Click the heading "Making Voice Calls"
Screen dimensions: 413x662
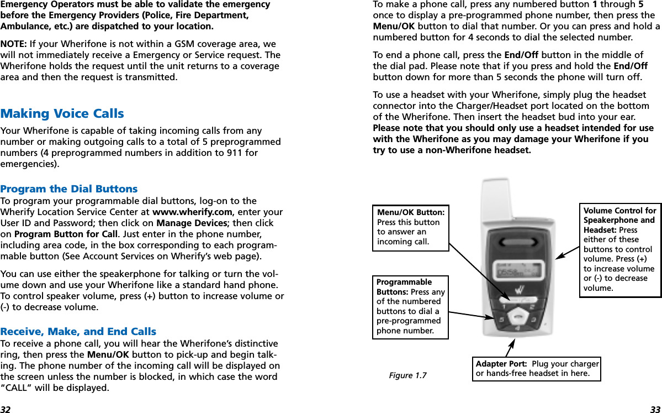pyautogui.click(x=62, y=114)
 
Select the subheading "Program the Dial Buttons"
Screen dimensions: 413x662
pyautogui.click(x=69, y=189)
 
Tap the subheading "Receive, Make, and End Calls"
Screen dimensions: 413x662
pyautogui.click(x=78, y=332)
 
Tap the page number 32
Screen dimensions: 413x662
pyautogui.click(x=6, y=409)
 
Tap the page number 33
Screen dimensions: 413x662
pyautogui.click(x=655, y=409)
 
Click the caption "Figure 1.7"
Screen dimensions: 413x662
pyautogui.click(x=407, y=376)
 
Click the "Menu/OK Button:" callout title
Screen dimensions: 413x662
pyautogui.click(x=411, y=212)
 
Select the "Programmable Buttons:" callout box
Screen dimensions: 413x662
pyautogui.click(x=410, y=307)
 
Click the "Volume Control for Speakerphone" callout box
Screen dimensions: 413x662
pyautogui.click(x=620, y=250)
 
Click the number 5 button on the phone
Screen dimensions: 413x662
pyautogui.click(x=501, y=319)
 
